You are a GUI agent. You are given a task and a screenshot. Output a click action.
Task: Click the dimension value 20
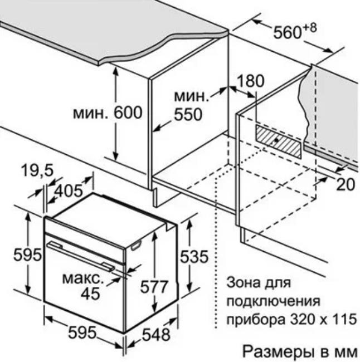(346, 184)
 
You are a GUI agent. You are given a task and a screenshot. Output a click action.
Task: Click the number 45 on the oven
(91, 293)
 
